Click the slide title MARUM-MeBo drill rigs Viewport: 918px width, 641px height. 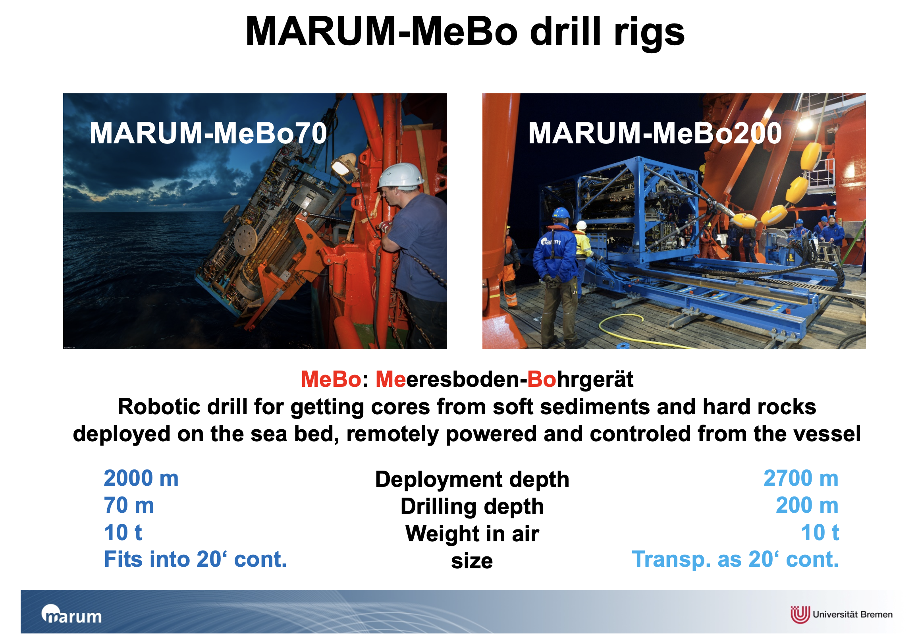[x=465, y=32]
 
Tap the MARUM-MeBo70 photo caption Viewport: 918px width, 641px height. [x=208, y=133]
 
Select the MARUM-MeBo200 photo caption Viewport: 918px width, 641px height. [x=655, y=133]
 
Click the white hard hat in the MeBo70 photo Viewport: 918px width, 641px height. [x=401, y=176]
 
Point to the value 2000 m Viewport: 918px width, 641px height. [x=141, y=478]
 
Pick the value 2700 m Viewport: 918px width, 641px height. [x=801, y=478]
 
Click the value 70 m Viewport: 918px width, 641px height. [x=129, y=506]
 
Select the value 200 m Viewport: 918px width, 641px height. [x=807, y=506]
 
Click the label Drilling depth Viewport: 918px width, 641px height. [x=472, y=507]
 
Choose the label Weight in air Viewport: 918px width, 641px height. [x=472, y=534]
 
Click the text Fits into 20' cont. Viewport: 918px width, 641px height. [x=195, y=560]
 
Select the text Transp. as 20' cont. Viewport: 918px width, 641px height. [x=735, y=560]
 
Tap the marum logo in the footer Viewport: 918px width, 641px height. [x=71, y=614]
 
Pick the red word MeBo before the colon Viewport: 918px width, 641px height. [x=331, y=380]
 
